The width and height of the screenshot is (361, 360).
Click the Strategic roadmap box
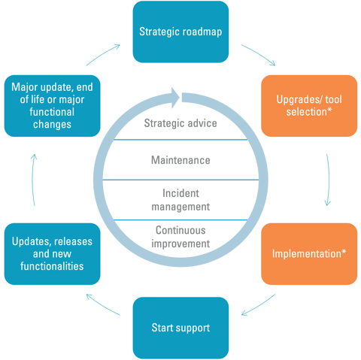[x=180, y=32]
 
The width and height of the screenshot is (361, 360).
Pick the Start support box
[x=180, y=327]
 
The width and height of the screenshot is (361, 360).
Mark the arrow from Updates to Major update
[x=32, y=180]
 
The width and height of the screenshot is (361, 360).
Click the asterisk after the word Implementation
[x=344, y=251]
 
